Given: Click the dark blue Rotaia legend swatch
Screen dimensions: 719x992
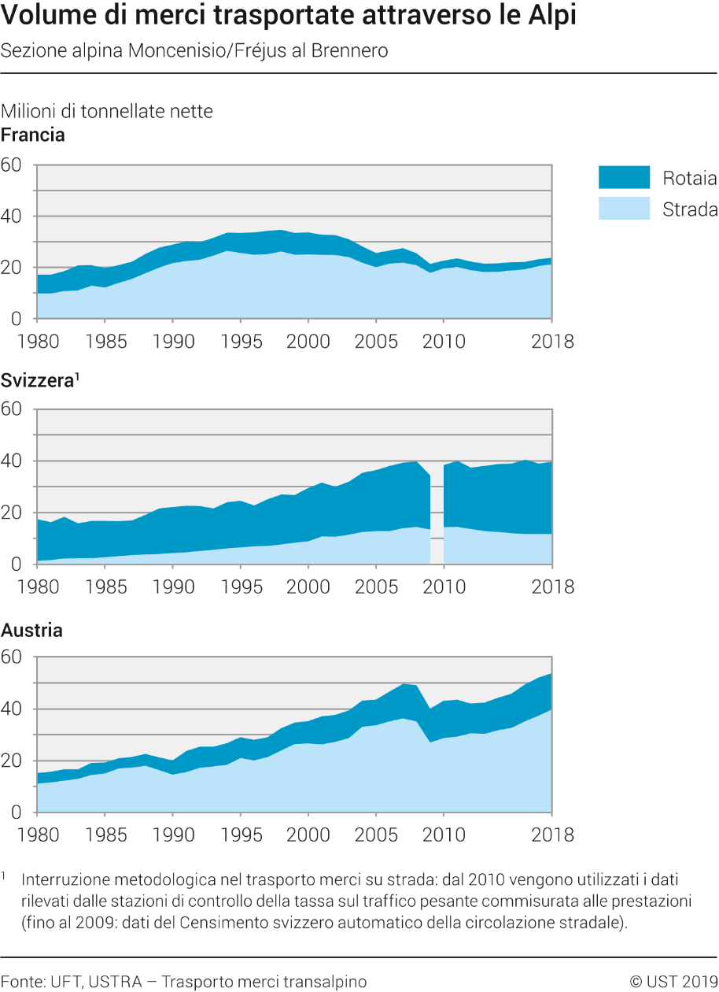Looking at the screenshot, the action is click(624, 177).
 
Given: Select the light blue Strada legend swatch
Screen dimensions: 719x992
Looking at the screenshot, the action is click(624, 208).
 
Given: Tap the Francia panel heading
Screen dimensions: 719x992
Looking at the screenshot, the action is click(33, 135).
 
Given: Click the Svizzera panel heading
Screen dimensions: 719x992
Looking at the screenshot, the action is click(40, 380).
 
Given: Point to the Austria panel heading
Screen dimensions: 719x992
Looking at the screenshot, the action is click(31, 630).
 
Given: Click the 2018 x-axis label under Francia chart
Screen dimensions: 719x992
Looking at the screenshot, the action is click(552, 342).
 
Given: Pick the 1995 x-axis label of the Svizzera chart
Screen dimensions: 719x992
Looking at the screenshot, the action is click(242, 587).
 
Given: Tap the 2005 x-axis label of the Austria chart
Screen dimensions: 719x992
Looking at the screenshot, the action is click(376, 835).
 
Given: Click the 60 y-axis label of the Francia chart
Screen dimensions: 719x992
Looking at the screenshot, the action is click(11, 165).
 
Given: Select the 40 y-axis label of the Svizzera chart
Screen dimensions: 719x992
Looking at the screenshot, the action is click(11, 461).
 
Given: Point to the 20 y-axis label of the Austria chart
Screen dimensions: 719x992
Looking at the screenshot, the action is click(11, 761).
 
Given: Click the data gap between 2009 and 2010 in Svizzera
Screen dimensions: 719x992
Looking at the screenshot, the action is click(437, 513).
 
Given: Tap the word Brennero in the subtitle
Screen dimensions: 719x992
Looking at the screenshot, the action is click(349, 50).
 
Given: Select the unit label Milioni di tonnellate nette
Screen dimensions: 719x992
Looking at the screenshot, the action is click(107, 111).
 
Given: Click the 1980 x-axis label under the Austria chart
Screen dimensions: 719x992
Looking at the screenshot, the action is click(38, 835).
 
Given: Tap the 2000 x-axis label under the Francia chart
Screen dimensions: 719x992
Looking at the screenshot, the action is click(308, 342).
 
